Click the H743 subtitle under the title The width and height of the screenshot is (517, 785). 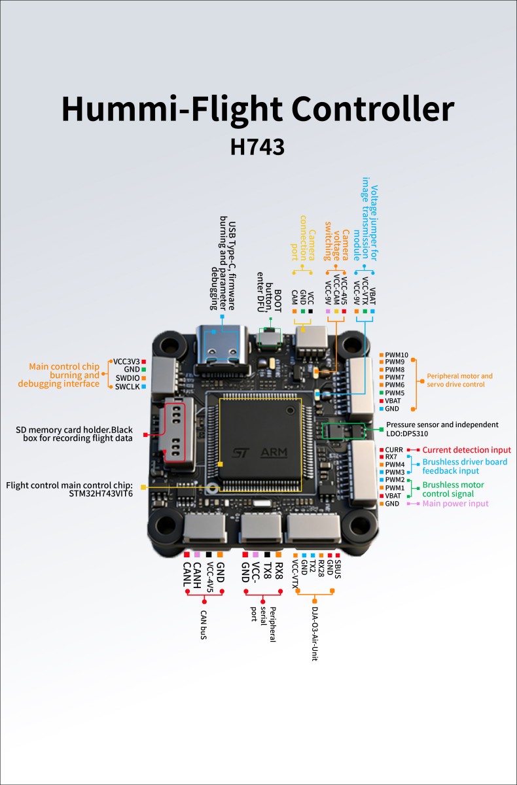[x=257, y=146]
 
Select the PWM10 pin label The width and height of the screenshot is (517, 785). [x=397, y=355]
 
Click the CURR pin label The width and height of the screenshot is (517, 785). [x=394, y=449]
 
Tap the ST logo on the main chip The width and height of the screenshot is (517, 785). [x=240, y=453]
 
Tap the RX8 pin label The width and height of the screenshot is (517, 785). [x=279, y=572]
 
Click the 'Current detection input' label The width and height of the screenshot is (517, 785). [x=466, y=450]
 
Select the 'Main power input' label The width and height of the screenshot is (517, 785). [x=455, y=503]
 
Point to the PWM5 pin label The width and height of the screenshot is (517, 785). [x=395, y=393]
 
